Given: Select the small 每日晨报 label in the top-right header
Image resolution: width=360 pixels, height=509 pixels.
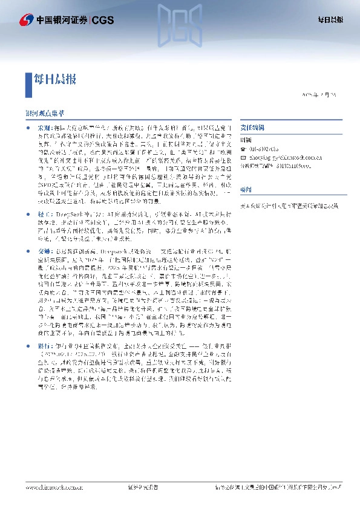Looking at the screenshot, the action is pyautogui.click(x=330, y=19).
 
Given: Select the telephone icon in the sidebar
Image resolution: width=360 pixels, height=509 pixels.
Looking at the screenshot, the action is pyautogui.click(x=243, y=148).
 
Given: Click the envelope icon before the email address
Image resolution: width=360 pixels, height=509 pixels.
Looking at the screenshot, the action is pyautogui.click(x=243, y=155).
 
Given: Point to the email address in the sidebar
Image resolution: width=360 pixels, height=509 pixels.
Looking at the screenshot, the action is pyautogui.click(x=278, y=155).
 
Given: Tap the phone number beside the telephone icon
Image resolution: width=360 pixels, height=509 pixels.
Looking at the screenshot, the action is pyautogui.click(x=261, y=148).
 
